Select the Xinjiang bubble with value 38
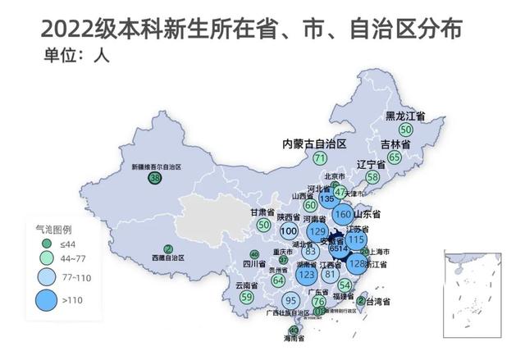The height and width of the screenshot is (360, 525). click(x=155, y=178)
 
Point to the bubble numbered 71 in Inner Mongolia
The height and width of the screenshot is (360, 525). click(x=320, y=157)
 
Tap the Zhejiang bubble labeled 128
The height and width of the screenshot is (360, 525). click(x=357, y=265)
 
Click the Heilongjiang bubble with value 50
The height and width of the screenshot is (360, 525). click(x=405, y=130)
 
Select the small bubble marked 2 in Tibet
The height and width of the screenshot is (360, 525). click(x=168, y=248)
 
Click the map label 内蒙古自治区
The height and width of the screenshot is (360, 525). click(x=314, y=142)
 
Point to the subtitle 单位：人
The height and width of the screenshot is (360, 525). click(x=75, y=57)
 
